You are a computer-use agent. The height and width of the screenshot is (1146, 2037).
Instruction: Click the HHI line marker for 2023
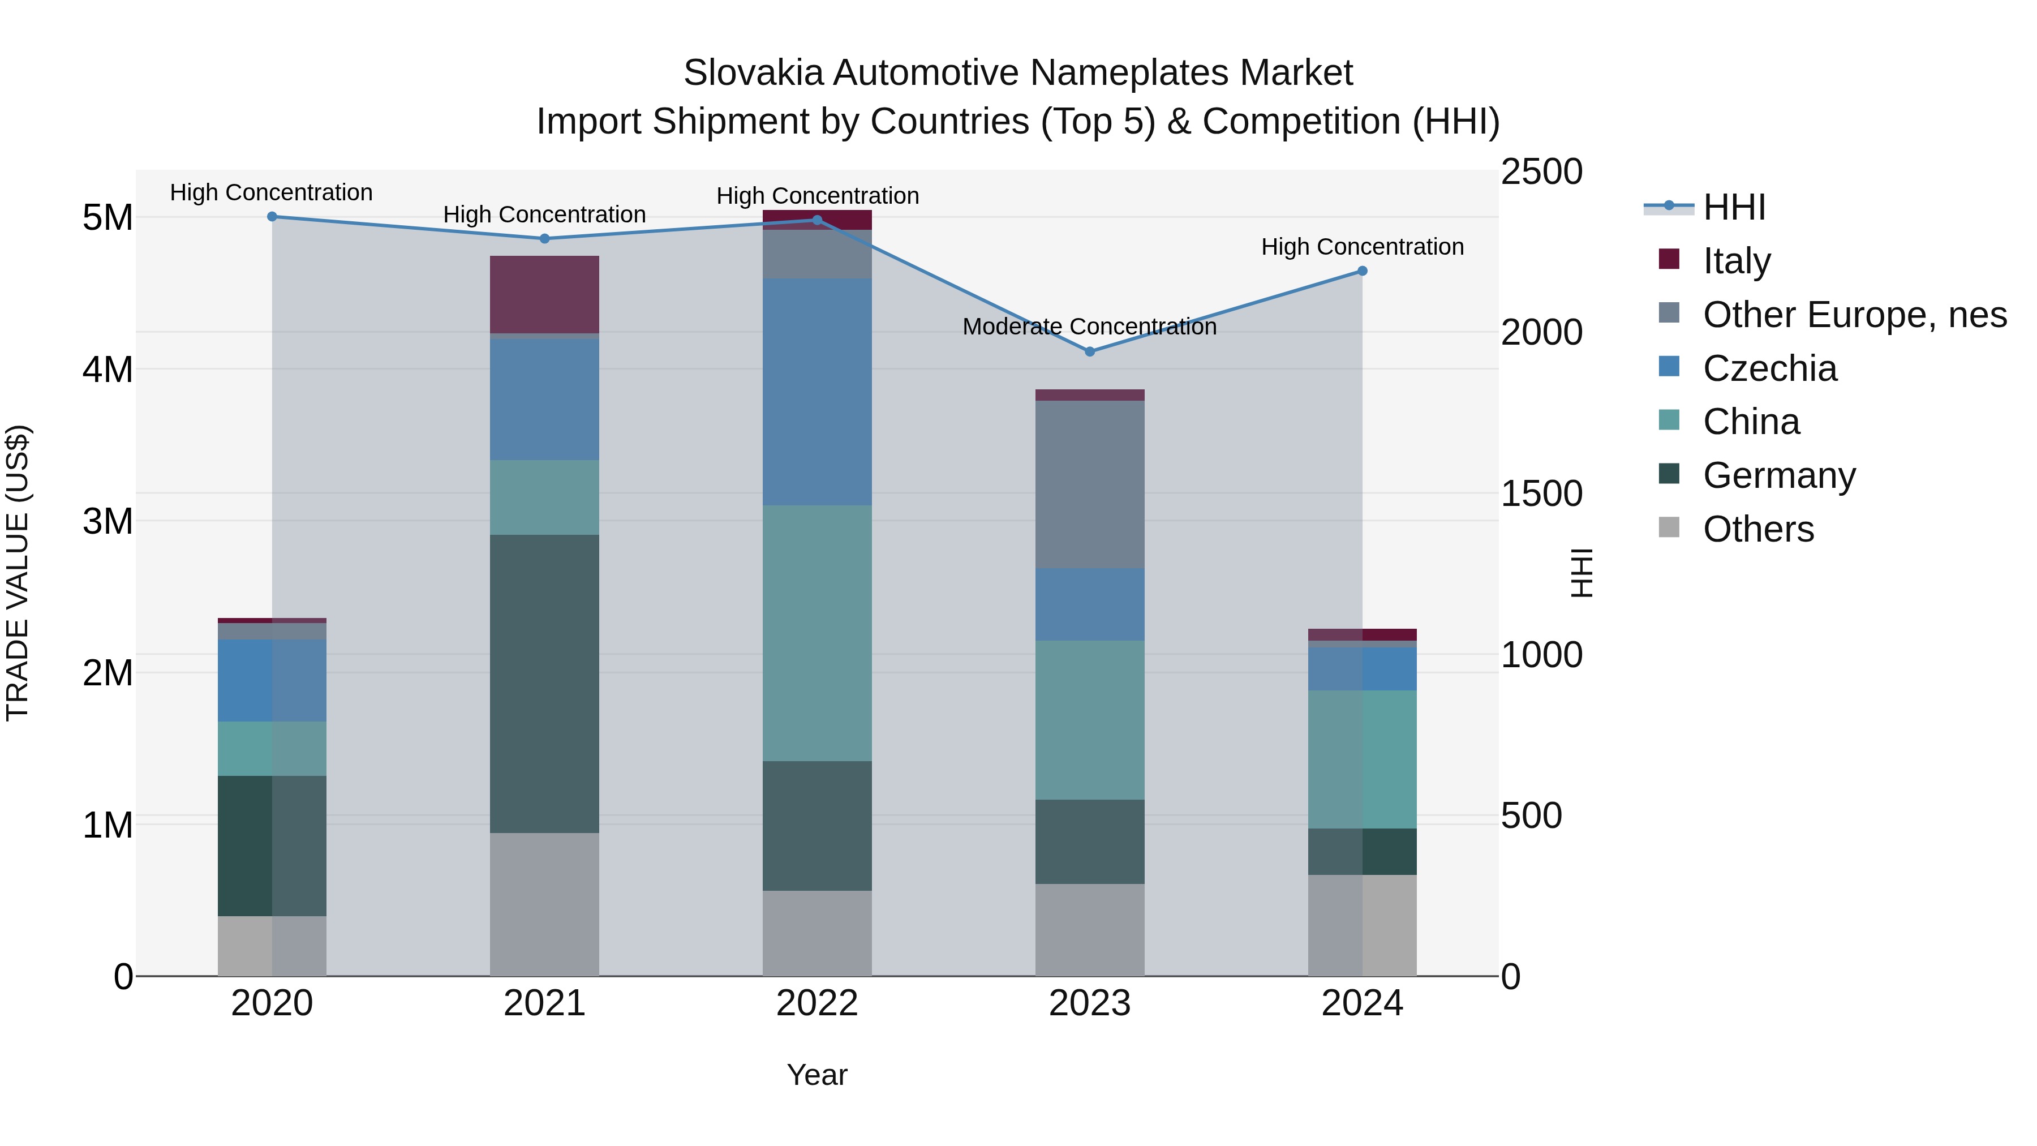1090,351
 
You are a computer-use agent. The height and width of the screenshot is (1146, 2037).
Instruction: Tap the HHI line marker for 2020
272,216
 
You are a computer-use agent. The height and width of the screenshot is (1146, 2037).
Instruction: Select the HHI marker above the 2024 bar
1363,271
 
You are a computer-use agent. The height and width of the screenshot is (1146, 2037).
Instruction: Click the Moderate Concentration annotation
1089,327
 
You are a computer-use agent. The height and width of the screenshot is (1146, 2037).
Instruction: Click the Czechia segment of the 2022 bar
817,392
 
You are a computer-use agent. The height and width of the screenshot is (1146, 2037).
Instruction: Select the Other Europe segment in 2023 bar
1090,484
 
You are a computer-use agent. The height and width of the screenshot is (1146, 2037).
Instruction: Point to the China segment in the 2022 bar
817,633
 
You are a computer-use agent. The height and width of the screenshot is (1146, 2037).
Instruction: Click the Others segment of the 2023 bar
1090,929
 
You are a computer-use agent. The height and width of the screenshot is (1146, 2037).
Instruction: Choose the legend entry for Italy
1737,261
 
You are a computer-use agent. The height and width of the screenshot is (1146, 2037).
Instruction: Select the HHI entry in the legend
1733,207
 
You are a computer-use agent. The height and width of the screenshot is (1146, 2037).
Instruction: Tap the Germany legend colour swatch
1669,474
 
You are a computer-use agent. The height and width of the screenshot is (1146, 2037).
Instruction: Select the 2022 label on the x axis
817,1003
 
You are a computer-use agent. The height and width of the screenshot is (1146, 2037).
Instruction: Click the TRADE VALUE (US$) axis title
18,573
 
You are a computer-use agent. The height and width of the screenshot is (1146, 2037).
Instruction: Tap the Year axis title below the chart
817,1075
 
